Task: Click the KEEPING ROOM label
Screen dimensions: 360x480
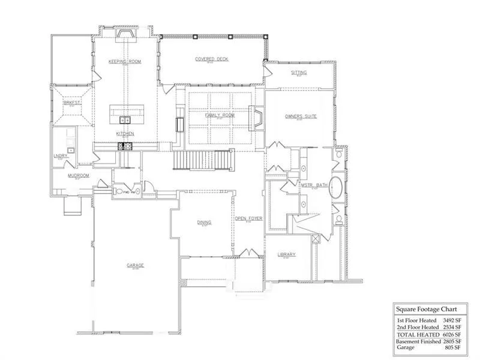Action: pyautogui.click(x=124, y=62)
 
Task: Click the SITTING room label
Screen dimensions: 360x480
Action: pyautogui.click(x=299, y=73)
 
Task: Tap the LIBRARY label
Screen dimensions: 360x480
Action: pyautogui.click(x=286, y=254)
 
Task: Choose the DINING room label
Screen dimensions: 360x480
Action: pyautogui.click(x=204, y=222)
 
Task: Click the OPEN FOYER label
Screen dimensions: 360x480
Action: pyautogui.click(x=245, y=218)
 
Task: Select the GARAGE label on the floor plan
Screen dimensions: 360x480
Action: pyautogui.click(x=135, y=265)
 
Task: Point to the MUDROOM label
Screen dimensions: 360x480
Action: pyautogui.click(x=78, y=176)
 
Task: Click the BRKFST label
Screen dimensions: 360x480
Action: pyautogui.click(x=71, y=103)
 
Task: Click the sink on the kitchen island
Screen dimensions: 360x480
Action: pyautogui.click(x=126, y=118)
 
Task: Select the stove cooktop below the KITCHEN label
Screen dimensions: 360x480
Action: pyautogui.click(x=127, y=146)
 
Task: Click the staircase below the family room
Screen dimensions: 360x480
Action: pyautogui.click(x=202, y=160)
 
